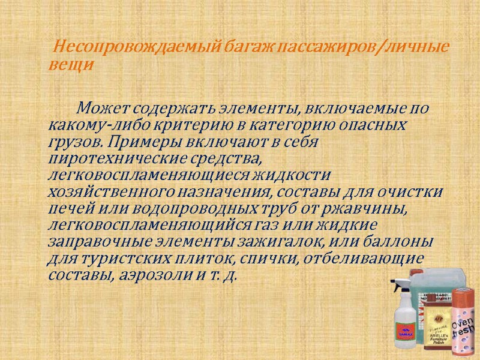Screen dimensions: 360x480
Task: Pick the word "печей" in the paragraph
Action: point(68,209)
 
